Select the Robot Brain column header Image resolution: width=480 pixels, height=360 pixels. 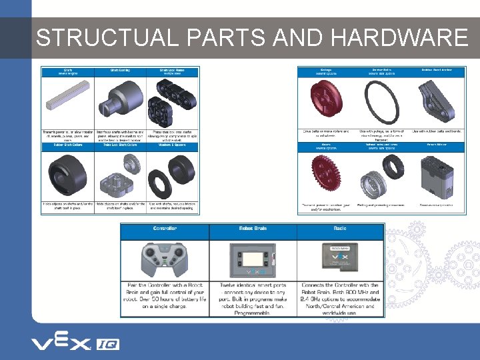point(253,228)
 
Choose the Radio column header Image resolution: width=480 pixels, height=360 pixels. point(340,228)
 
